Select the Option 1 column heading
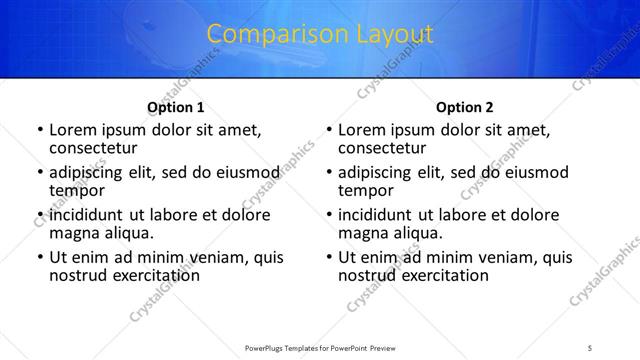tap(176, 106)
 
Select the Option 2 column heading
tap(465, 106)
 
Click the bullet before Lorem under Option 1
tap(39, 130)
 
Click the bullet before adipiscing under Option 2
tap(329, 173)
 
